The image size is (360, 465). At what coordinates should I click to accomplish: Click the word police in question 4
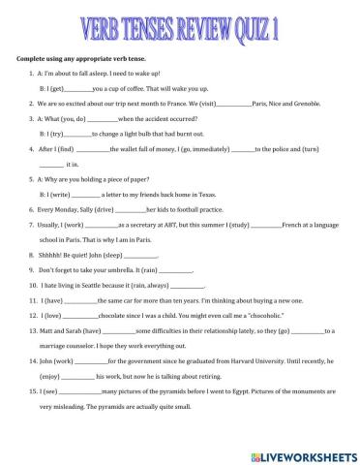tap(271, 175)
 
